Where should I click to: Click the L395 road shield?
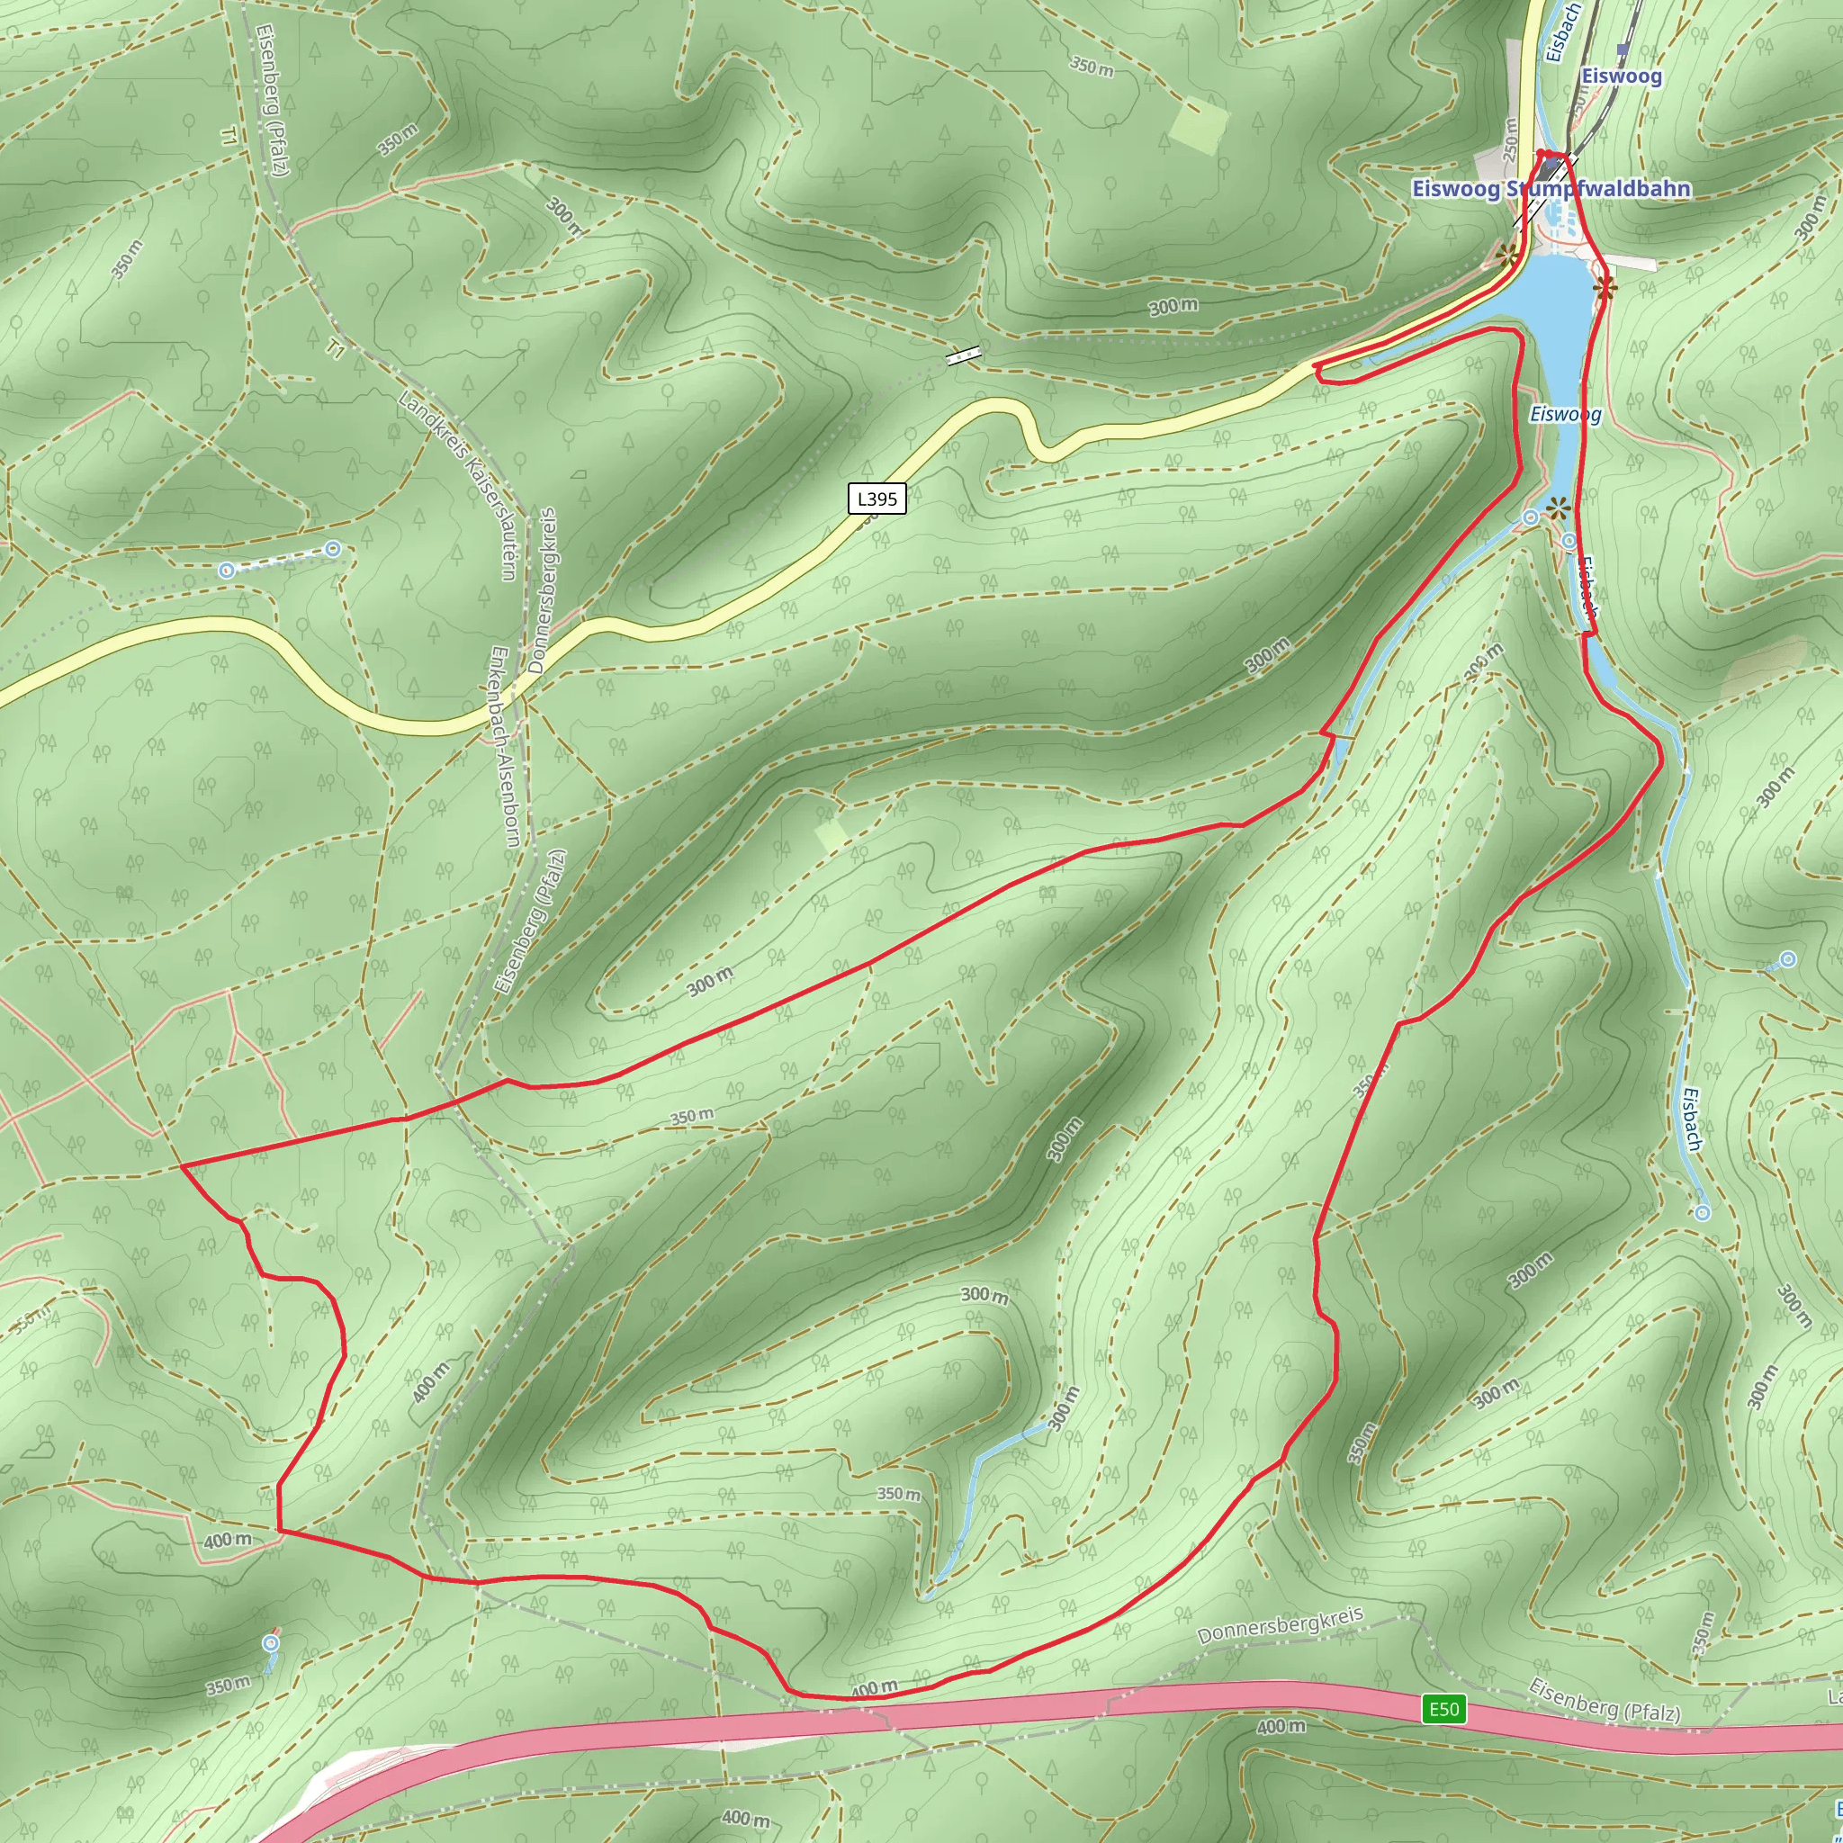coord(877,498)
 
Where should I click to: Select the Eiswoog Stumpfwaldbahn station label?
coord(1551,189)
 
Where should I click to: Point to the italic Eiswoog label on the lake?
coord(1566,414)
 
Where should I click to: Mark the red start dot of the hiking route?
coord(1541,154)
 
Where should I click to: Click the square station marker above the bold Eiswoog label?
coord(1622,49)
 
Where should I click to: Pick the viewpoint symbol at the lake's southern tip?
coord(1558,508)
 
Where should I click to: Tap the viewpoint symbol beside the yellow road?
coord(1507,255)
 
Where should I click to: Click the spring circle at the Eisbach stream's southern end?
coord(1703,1212)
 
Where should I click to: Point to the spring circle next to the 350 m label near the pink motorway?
coord(272,1642)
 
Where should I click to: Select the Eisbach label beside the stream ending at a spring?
coord(1691,1119)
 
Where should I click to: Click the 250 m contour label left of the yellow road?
coord(1510,139)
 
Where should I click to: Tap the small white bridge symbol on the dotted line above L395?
coord(964,355)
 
